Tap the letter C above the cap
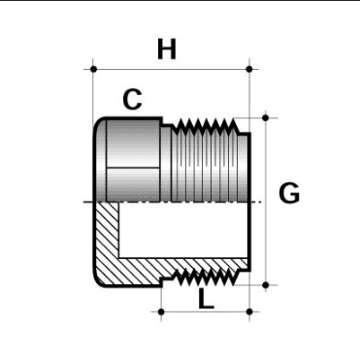coord(133,98)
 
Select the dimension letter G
coord(288,194)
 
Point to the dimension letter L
coord(206,297)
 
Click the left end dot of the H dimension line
coord(93,69)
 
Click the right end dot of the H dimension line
coord(249,69)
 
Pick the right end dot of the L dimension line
coord(249,311)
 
